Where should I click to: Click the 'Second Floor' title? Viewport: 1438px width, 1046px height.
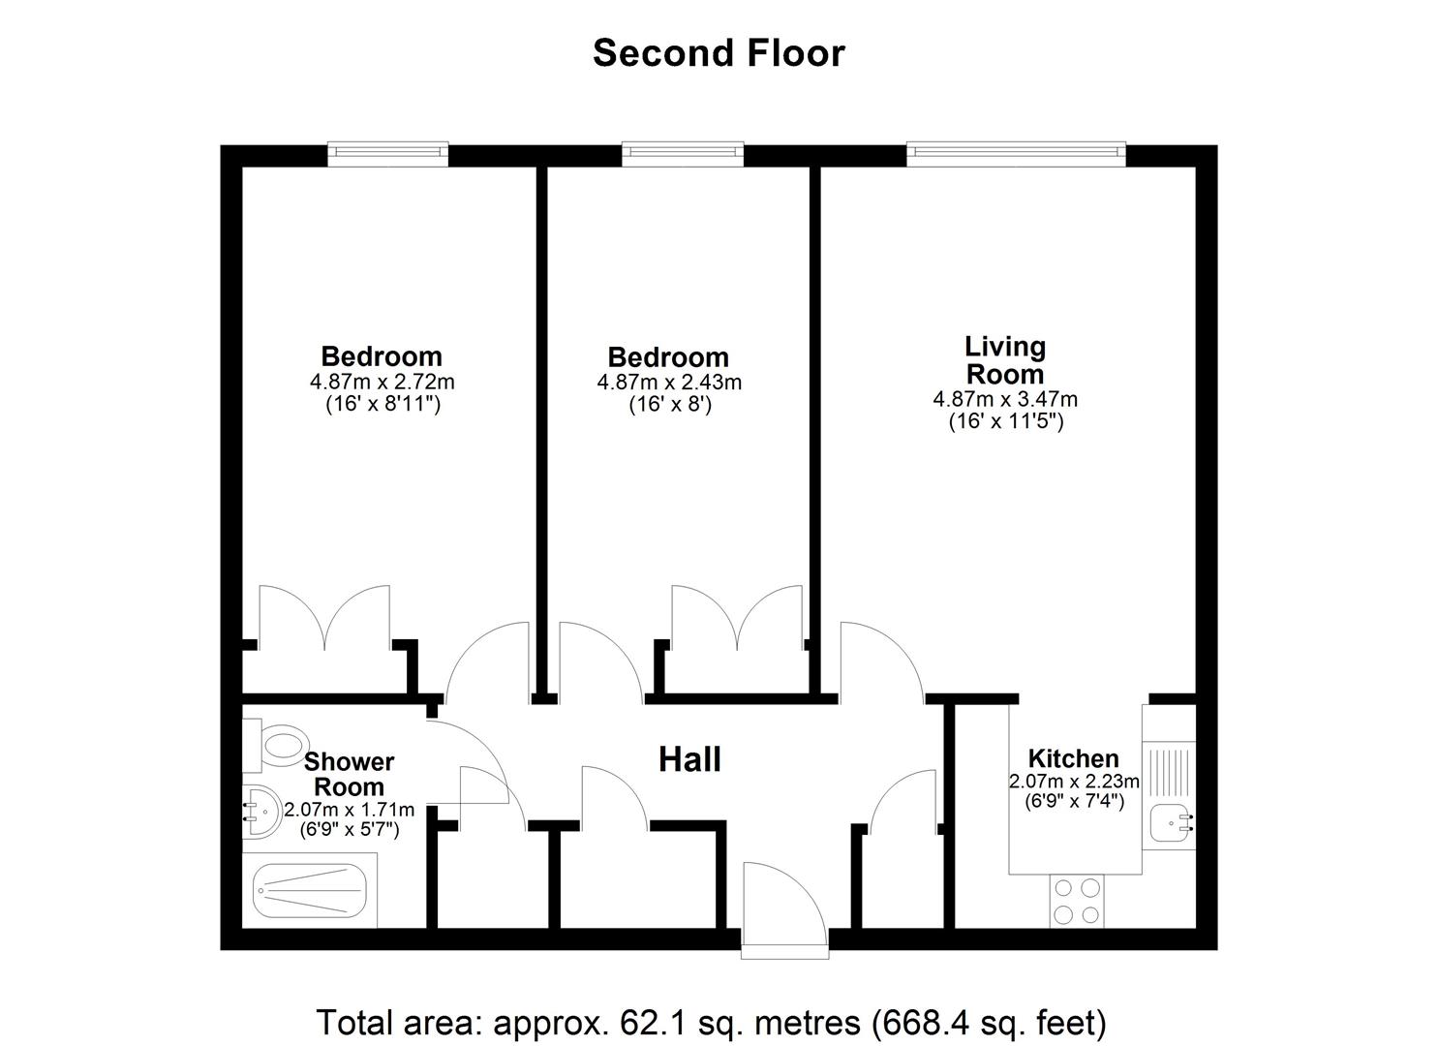tap(719, 53)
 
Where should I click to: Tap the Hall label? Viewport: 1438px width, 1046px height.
tap(689, 759)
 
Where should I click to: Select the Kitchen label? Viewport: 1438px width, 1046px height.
tap(1073, 758)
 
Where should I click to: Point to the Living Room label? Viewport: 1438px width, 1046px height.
tap(1005, 360)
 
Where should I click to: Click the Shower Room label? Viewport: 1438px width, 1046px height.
tap(349, 775)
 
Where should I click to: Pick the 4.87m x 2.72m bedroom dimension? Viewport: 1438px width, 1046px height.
tap(382, 382)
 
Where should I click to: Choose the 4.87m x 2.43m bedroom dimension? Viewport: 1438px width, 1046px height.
tap(669, 383)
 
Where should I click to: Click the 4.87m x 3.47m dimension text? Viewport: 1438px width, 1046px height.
tap(1005, 399)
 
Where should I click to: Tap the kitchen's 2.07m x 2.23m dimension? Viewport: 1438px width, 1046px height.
tap(1074, 782)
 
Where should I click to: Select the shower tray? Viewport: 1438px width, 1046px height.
tap(310, 891)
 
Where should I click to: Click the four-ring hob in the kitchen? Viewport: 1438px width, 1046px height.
tap(1077, 901)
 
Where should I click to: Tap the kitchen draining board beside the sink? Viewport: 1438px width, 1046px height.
tap(1169, 770)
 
